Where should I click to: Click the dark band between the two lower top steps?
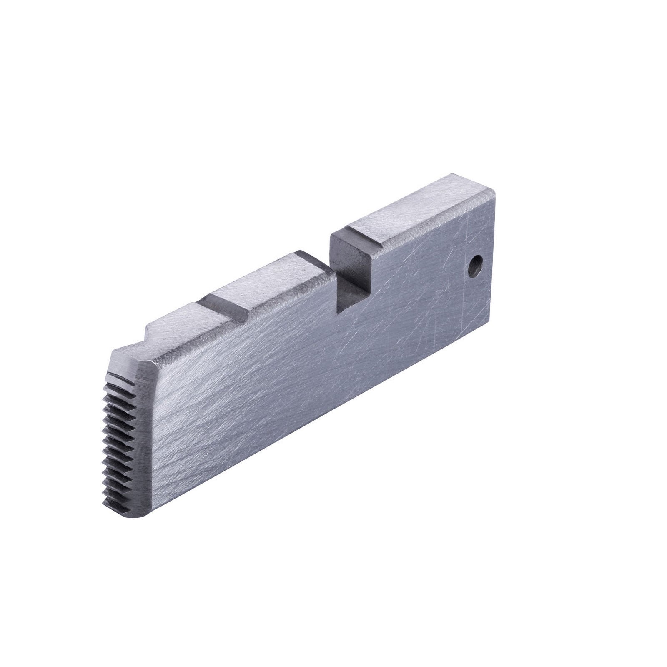pyautogui.click(x=225, y=304)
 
